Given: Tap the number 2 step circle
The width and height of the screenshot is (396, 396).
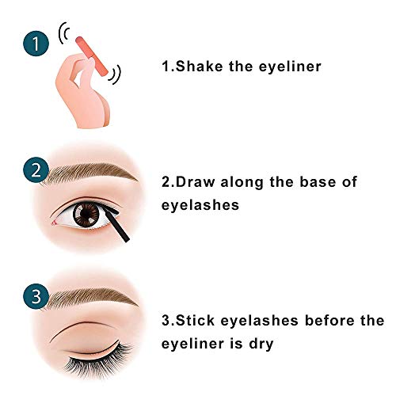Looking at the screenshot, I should [32, 172].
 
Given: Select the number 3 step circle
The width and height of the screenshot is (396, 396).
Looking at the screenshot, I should [32, 299].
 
